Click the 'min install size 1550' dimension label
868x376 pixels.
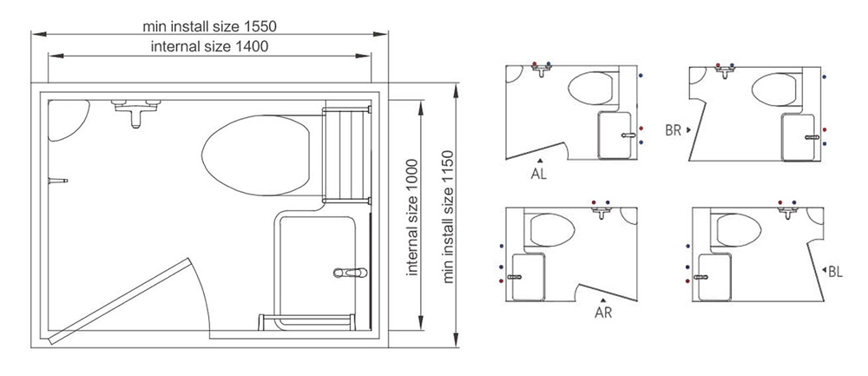pyautogui.click(x=209, y=26)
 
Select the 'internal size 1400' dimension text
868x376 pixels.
pyautogui.click(x=209, y=47)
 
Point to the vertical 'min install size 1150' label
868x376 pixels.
pyautogui.click(x=448, y=216)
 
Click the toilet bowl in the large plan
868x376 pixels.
pyautogui.click(x=256, y=155)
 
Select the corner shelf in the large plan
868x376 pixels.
pyautogui.click(x=68, y=120)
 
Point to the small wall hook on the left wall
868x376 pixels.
pyautogui.click(x=57, y=181)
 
